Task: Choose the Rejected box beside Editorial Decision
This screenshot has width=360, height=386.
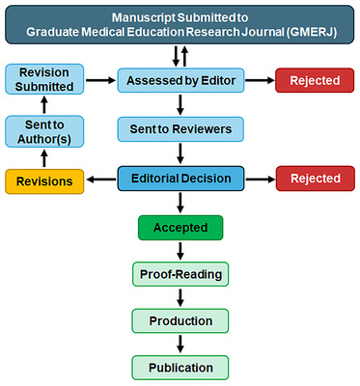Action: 314,179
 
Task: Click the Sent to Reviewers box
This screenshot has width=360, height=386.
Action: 180,127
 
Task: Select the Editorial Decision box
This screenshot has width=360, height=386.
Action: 180,179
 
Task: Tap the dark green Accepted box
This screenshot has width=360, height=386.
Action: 180,228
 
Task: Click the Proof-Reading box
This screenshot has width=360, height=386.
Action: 180,274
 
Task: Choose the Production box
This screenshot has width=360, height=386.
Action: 180,319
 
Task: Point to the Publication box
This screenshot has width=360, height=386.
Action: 180,367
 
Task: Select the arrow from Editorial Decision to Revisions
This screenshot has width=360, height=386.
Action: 97,179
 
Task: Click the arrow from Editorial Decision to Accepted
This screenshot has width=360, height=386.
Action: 180,203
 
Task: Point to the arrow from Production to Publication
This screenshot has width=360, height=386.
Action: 180,344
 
